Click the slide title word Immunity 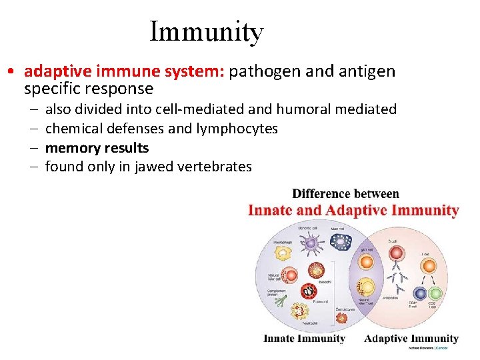click(x=207, y=31)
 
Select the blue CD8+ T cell click(x=419, y=293)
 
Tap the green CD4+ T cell click(x=436, y=293)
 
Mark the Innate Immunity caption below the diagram click(x=304, y=339)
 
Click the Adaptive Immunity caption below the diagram click(x=411, y=339)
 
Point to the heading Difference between click(x=346, y=194)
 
